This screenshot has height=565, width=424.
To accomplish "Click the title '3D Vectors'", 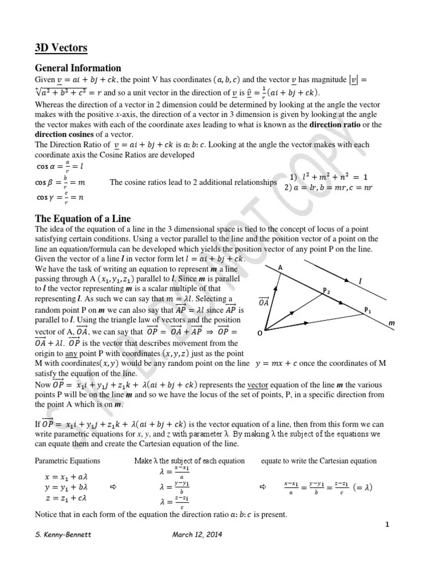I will click(x=61, y=49).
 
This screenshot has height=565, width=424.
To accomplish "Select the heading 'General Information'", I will click(x=78, y=68).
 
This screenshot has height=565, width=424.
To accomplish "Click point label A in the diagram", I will click(x=280, y=268).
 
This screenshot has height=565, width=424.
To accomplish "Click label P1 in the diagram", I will click(x=368, y=311).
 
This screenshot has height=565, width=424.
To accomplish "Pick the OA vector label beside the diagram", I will click(x=264, y=301).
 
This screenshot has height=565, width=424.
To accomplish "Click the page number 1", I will click(x=388, y=525).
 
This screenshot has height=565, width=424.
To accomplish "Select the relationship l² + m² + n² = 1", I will click(x=328, y=177).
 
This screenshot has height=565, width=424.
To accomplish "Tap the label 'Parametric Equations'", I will click(x=68, y=461).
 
